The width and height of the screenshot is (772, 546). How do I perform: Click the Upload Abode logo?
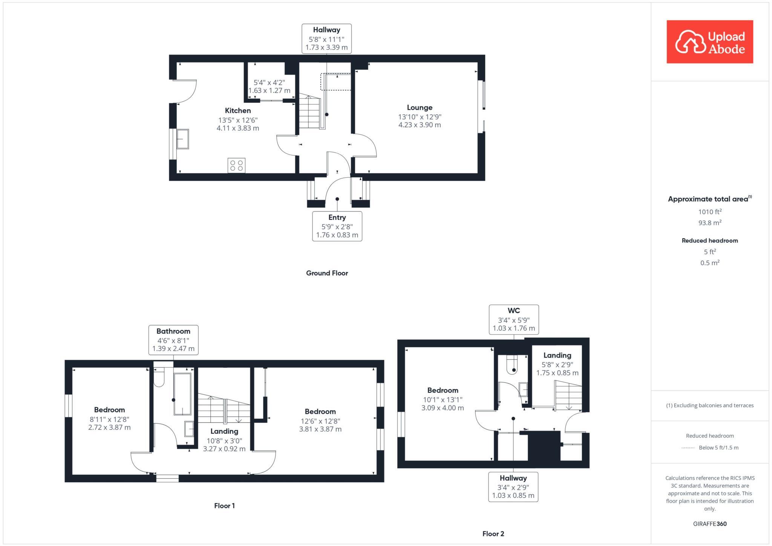coord(709,42)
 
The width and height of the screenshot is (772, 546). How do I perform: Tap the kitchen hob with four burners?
coord(236,166)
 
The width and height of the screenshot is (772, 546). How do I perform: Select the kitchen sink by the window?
coord(183,139)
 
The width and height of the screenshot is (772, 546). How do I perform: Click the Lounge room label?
coord(419,108)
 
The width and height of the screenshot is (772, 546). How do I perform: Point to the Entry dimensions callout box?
coord(337,226)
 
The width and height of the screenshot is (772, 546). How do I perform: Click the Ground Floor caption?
coord(327,273)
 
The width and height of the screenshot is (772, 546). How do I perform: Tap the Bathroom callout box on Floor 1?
coord(173,340)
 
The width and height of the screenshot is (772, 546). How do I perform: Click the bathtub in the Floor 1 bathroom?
coord(182,394)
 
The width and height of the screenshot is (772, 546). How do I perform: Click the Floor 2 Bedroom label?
coord(443,391)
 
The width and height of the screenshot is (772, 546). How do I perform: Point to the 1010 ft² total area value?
coord(709,212)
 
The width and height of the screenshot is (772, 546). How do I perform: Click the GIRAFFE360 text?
coord(709,524)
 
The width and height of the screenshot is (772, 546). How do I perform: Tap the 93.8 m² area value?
coord(709,223)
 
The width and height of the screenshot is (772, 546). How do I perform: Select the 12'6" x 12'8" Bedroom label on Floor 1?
coord(320,412)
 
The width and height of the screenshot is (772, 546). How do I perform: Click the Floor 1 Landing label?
coord(224,431)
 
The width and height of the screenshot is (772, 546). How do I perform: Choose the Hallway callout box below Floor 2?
coord(513,487)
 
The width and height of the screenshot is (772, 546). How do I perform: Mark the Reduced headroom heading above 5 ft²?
coord(709,241)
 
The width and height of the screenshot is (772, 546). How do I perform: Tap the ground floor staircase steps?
coord(309,113)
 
